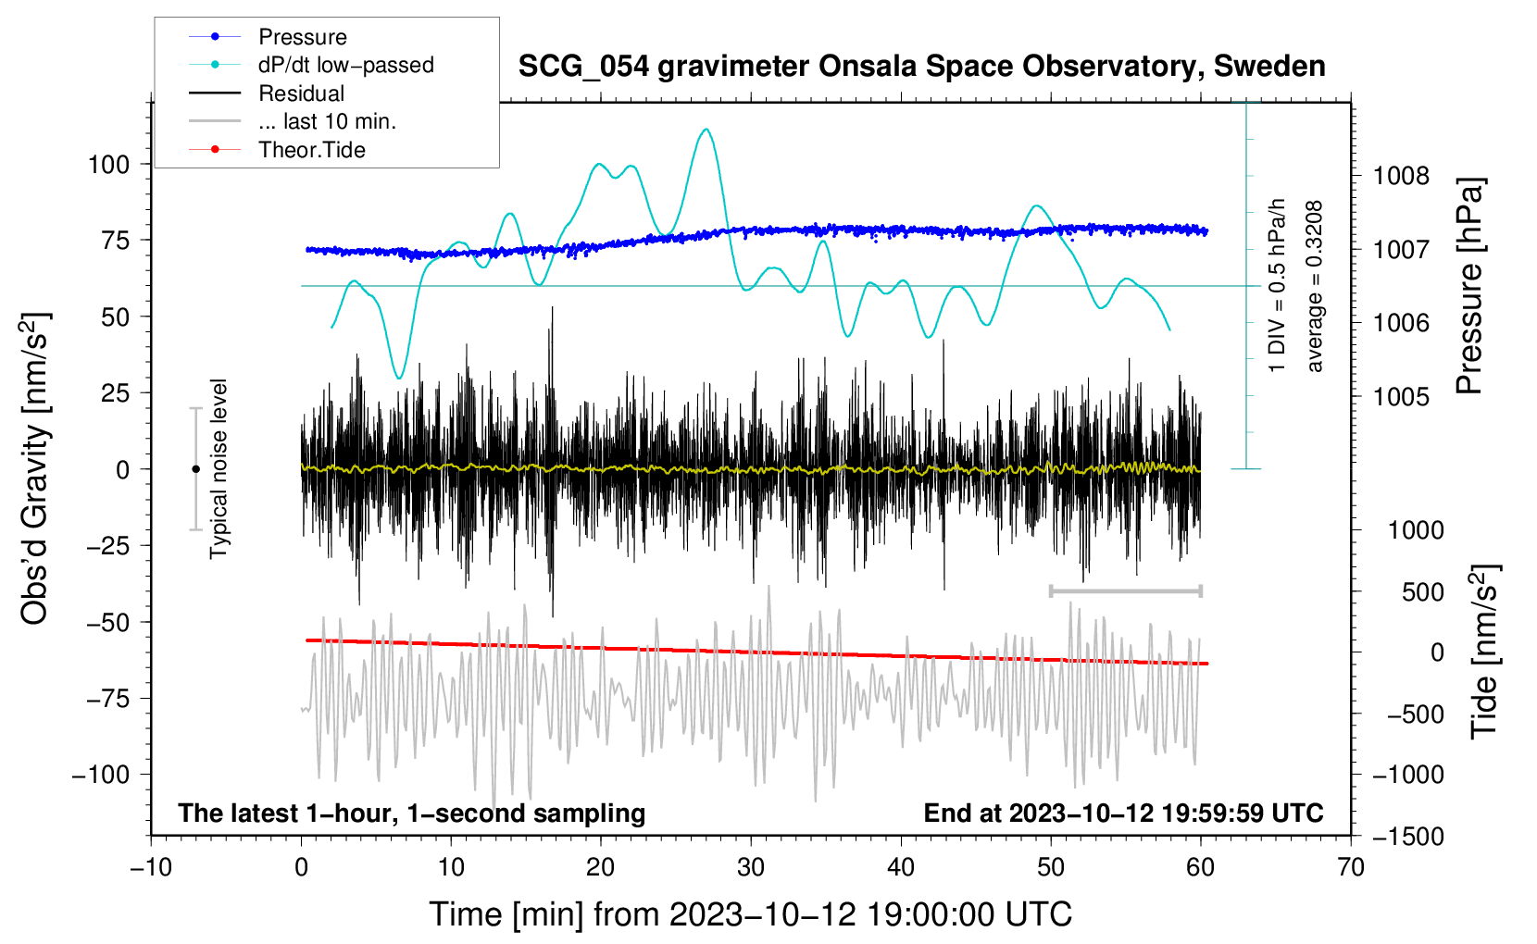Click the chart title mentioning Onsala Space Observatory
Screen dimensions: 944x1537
click(921, 67)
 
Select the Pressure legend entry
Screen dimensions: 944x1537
click(302, 37)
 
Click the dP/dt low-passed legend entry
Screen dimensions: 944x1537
click(345, 65)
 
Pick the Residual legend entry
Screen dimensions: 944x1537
click(301, 93)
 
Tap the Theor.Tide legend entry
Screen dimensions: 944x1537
click(311, 150)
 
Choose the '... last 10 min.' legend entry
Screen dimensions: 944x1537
click(327, 121)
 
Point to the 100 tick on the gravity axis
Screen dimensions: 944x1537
click(107, 165)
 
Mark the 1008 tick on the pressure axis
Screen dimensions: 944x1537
click(1401, 176)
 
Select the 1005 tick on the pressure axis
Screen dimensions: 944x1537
click(1401, 397)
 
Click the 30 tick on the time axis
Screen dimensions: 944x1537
click(751, 867)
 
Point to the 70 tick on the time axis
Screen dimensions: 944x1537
click(1351, 867)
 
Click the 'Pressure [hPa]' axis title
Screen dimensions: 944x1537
click(1470, 287)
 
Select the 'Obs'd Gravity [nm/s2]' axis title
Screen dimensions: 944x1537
click(35, 469)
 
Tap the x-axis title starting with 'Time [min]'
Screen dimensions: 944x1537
click(750, 914)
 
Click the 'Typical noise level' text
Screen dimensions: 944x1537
click(219, 468)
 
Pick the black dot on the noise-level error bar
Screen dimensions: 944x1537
click(195, 469)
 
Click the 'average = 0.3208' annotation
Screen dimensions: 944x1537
click(1315, 287)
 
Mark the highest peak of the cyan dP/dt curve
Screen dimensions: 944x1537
click(706, 130)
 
